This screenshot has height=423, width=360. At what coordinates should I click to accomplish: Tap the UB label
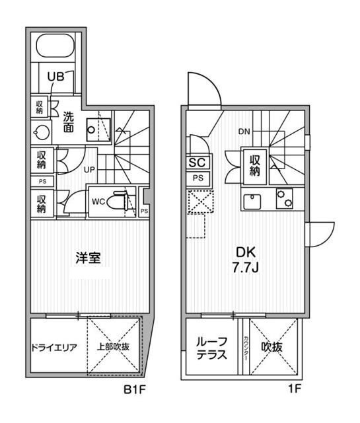[x=56, y=77]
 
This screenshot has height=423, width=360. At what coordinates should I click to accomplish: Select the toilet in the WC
[x=119, y=201]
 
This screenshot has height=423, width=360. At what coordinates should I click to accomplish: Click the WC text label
[x=98, y=202]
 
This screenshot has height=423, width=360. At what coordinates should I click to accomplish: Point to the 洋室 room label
[x=88, y=258]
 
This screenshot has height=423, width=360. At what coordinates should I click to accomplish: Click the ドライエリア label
[x=54, y=348]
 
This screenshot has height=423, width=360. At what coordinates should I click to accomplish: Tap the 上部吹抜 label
[x=113, y=346]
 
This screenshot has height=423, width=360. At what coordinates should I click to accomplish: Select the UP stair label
[x=89, y=170]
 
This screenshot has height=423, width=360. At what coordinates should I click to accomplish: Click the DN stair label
[x=244, y=132]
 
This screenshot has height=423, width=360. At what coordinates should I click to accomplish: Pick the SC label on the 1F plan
[x=197, y=163]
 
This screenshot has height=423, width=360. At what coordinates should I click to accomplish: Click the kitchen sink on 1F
[x=252, y=202]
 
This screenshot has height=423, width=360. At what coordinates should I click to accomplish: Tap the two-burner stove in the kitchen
[x=285, y=198]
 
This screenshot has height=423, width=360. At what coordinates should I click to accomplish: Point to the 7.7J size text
[x=245, y=267]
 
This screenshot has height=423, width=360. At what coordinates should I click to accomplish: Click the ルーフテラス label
[x=211, y=348]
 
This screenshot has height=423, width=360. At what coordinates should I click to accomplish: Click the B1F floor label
[x=135, y=389]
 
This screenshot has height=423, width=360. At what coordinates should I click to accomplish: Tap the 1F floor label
[x=294, y=389]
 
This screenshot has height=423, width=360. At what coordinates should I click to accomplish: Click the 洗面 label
[x=69, y=122]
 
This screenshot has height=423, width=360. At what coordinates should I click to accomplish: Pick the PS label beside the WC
[x=144, y=211]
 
